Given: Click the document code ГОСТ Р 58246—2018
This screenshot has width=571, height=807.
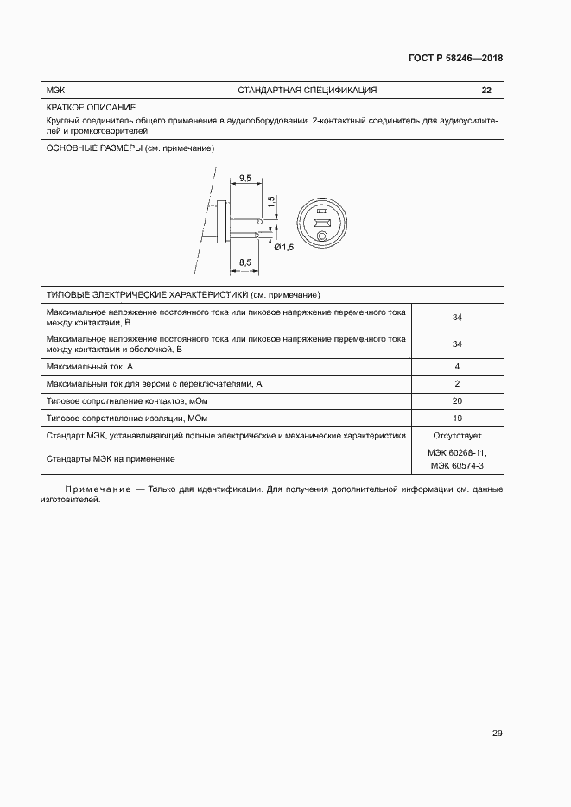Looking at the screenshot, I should tap(454, 59).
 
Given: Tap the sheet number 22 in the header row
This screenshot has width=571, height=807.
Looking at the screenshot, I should tap(486, 91).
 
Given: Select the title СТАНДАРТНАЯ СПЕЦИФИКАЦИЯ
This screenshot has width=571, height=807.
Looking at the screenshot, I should tap(307, 91).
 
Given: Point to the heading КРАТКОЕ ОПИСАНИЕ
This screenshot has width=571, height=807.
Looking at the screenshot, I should tap(86, 107).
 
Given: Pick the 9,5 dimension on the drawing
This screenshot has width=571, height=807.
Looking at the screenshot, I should tap(244, 179).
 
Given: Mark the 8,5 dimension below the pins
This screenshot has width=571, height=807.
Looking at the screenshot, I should tap(244, 262).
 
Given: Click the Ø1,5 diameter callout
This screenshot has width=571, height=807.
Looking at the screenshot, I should tap(283, 248).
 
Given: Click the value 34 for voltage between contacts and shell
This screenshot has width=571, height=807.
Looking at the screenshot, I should tap(457, 344).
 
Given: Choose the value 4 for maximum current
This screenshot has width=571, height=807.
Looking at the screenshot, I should tap(457, 367).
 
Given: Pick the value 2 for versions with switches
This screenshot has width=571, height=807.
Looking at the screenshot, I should tap(457, 384).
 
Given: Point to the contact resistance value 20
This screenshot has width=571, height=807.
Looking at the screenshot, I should tap(457, 401).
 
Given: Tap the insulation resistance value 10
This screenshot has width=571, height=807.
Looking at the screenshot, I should tap(457, 419).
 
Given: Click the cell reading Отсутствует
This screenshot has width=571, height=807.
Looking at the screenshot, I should tap(457, 436).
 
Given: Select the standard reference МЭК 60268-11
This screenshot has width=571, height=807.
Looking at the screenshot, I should tap(457, 452).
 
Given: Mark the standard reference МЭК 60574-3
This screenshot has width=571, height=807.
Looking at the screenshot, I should tap(457, 466).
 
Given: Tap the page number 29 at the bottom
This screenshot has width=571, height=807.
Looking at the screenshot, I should tap(497, 734).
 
